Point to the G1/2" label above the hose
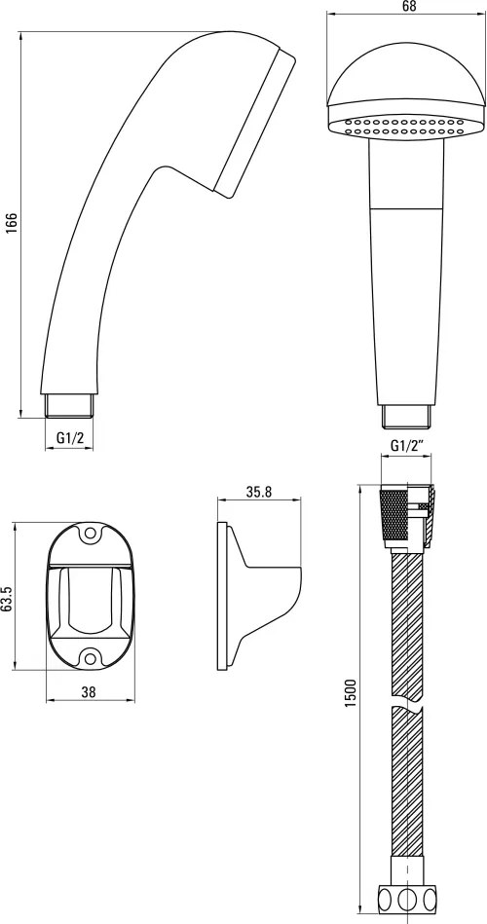pyautogui.click(x=406, y=446)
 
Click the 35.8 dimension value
pyautogui.click(x=258, y=493)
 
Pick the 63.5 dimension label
pyautogui.click(x=8, y=599)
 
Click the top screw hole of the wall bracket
pyautogui.click(x=91, y=535)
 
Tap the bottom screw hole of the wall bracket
pyautogui.click(x=91, y=658)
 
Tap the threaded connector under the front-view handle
pyautogui.click(x=405, y=416)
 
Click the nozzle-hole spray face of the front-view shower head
pyautogui.click(x=394, y=127)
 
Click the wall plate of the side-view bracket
pyautogui.click(x=223, y=597)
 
